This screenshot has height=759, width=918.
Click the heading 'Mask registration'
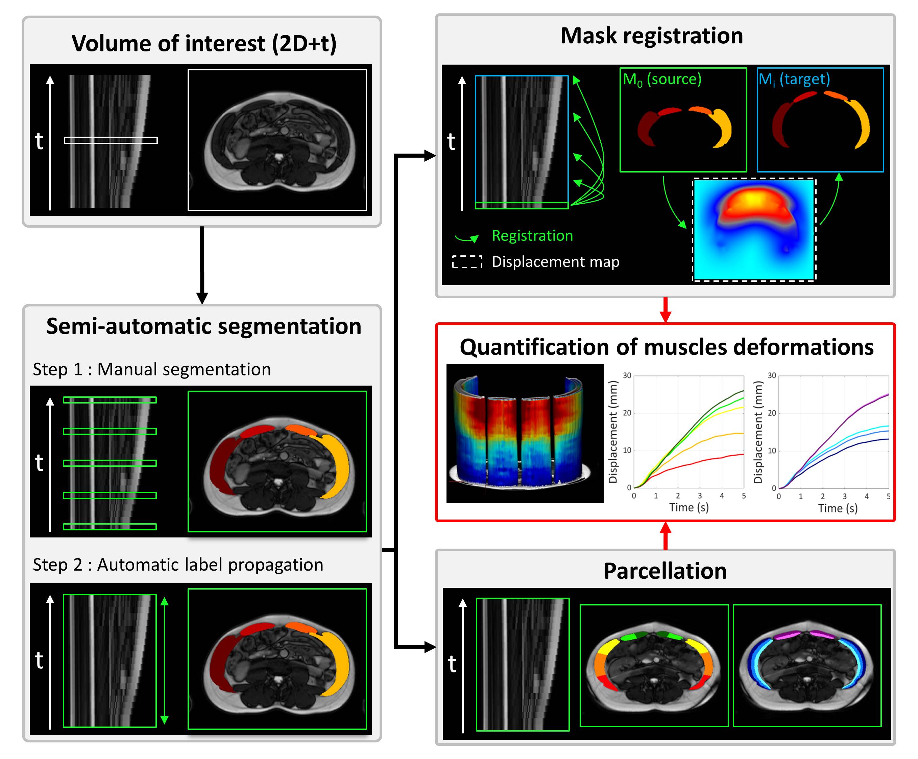click(651, 36)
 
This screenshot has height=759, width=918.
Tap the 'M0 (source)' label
click(661, 79)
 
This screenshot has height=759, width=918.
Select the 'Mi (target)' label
click(794, 79)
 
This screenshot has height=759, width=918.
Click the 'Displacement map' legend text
click(555, 261)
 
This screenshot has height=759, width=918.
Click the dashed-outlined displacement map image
click(754, 230)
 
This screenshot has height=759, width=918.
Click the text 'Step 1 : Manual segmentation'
click(152, 369)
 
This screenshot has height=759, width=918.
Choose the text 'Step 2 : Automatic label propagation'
click(178, 565)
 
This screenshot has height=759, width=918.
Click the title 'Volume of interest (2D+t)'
click(204, 43)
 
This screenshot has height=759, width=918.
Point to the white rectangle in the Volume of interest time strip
click(111, 140)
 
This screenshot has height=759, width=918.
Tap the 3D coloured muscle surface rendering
click(524, 433)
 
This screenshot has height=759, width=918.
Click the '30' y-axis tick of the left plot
click(627, 375)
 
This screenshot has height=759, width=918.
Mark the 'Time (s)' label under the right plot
click(837, 508)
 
